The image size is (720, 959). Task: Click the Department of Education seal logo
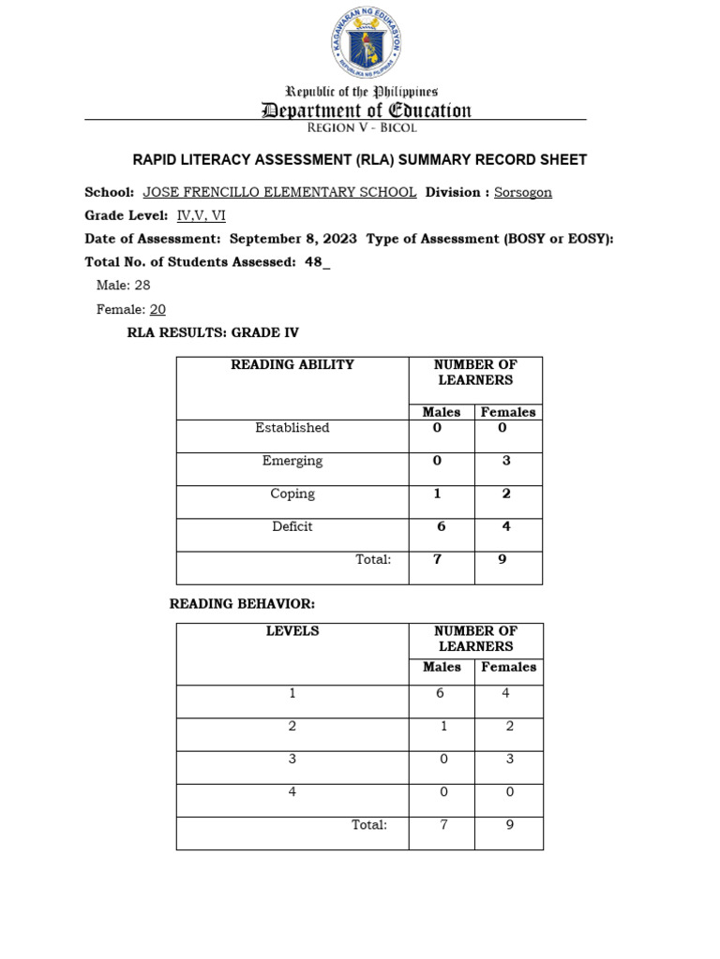coord(366,44)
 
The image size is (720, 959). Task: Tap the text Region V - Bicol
coord(366,127)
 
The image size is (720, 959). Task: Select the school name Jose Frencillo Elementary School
coord(279,192)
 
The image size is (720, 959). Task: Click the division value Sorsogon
coord(524,192)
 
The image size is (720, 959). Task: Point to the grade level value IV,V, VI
coord(201,215)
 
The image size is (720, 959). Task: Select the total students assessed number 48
coord(314,262)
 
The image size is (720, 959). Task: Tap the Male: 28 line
coord(123,286)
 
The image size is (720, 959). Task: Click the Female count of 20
coord(157,309)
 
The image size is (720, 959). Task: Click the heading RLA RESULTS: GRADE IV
coord(213,332)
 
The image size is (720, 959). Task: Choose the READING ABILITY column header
coord(292,365)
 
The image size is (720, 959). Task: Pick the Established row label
coord(292,428)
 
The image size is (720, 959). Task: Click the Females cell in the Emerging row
coord(506,461)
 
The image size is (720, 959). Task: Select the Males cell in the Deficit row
coord(441,526)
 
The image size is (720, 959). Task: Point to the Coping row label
coord(292,494)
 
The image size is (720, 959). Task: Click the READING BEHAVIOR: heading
coord(242,604)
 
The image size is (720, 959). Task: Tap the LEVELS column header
coord(292,631)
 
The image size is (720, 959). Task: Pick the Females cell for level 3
coord(509,760)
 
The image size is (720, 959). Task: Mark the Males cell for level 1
coord(441,694)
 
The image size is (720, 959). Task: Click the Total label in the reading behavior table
coord(368,825)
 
